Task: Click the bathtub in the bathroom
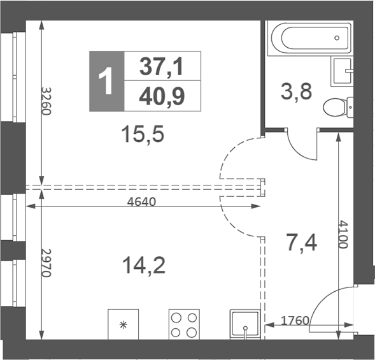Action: click(309, 40)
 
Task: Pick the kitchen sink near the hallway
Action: click(245, 325)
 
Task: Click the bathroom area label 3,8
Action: click(296, 92)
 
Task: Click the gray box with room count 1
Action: click(106, 81)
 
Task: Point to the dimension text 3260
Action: click(46, 101)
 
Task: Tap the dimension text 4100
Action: click(343, 235)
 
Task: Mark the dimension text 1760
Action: click(295, 320)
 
